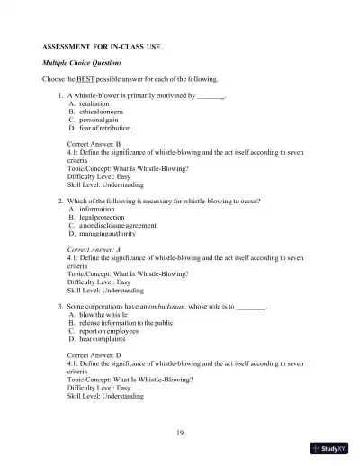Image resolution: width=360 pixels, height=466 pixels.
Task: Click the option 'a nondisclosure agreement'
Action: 117,225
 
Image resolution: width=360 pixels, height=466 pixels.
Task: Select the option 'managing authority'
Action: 107,233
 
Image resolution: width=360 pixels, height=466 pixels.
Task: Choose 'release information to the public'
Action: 126,323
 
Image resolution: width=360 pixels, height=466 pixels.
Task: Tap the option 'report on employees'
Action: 108,331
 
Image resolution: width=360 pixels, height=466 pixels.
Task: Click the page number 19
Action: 181,434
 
